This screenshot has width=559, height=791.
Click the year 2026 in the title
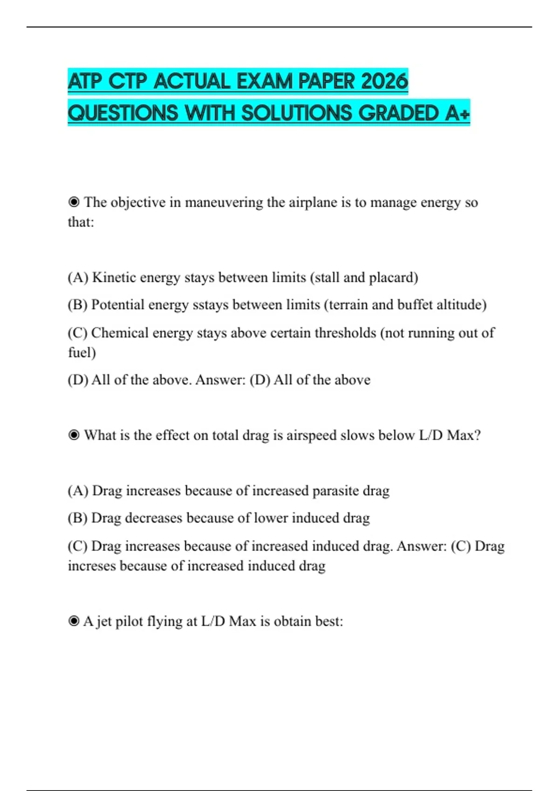(384, 81)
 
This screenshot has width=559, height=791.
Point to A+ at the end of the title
(457, 113)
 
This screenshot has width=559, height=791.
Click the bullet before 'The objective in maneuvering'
(74, 202)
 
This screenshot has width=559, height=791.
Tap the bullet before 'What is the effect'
(74, 435)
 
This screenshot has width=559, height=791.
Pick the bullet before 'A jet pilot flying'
(74, 621)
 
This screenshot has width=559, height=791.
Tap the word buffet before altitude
(415, 305)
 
